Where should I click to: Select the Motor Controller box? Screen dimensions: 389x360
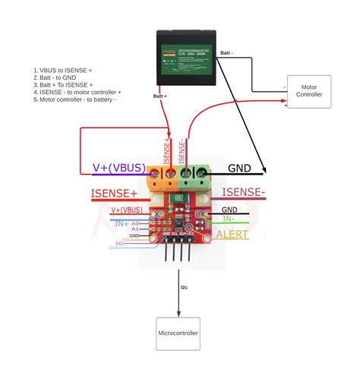[x=308, y=90]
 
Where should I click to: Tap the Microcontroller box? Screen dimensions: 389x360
[x=178, y=334]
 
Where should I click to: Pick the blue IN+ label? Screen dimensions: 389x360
[x=122, y=224]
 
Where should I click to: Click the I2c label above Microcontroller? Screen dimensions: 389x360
[x=185, y=288]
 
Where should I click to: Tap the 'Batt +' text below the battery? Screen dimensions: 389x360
[x=160, y=96]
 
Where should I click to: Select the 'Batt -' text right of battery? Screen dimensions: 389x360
[x=226, y=53]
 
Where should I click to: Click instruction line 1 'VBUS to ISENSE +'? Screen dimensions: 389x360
[x=62, y=70]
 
